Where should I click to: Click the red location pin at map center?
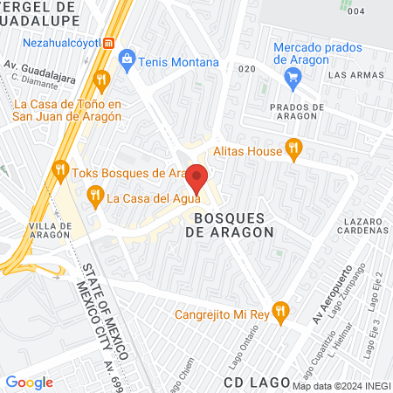[197, 178]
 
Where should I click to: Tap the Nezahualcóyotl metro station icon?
[108, 42]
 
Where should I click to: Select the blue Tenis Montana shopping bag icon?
[128, 61]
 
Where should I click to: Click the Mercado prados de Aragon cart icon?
[293, 77]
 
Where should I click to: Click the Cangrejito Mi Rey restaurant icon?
[279, 310]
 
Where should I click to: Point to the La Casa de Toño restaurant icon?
[101, 81]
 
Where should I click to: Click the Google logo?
[30, 382]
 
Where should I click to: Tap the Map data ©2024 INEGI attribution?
[340, 386]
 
